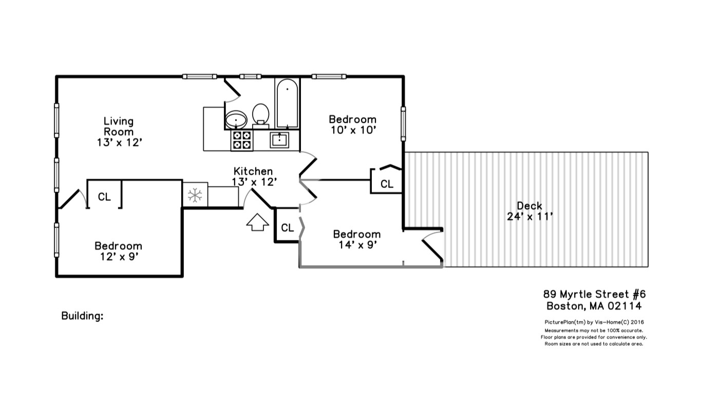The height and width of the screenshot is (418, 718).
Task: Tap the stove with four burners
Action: pyautogui.click(x=241, y=140)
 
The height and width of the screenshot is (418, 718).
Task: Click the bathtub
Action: pyautogui.click(x=287, y=103)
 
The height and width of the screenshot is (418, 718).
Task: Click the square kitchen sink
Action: pyautogui.click(x=279, y=139)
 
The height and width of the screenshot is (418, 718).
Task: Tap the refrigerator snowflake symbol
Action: pyautogui.click(x=195, y=195)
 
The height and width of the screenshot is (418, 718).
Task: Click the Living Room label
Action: pyautogui.click(x=119, y=131)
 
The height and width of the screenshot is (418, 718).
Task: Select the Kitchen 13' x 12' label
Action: pyautogui.click(x=255, y=176)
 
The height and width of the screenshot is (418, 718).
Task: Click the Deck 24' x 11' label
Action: pyautogui.click(x=530, y=211)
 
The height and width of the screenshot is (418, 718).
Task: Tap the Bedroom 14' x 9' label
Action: pyautogui.click(x=357, y=239)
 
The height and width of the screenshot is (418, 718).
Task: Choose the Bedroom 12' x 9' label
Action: pyautogui.click(x=118, y=251)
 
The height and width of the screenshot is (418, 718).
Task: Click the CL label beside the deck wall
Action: pyautogui.click(x=387, y=184)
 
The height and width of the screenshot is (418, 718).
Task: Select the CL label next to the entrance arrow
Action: pyautogui.click(x=288, y=227)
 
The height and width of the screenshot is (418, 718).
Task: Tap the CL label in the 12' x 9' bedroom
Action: pyautogui.click(x=104, y=197)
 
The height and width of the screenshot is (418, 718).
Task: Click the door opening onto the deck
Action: pyautogui.click(x=432, y=248)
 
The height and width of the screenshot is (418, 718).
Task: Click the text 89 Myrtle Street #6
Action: pyautogui.click(x=594, y=294)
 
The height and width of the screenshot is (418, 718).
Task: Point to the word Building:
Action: pyautogui.click(x=82, y=316)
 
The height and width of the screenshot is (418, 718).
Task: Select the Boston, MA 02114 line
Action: pyautogui.click(x=594, y=307)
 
